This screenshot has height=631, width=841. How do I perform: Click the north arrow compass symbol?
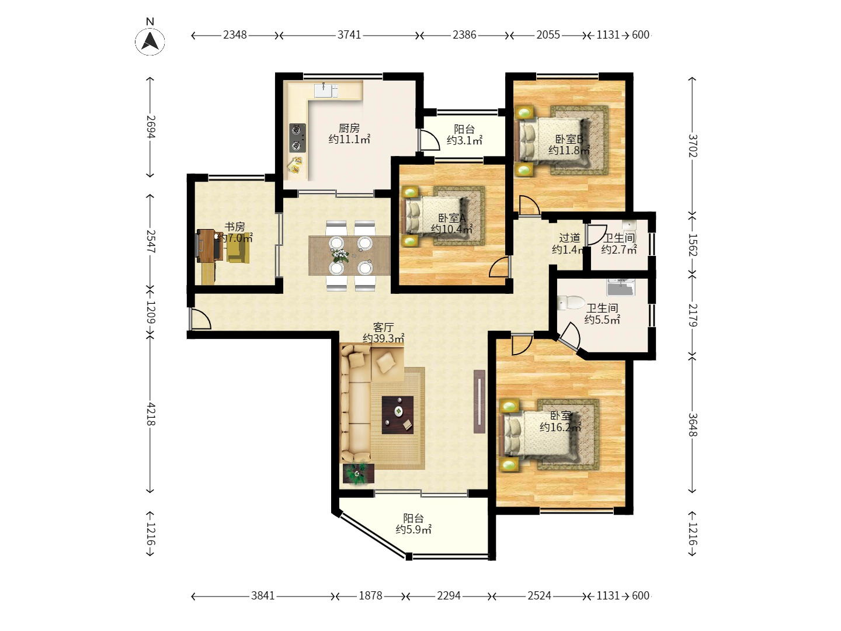point(150,41)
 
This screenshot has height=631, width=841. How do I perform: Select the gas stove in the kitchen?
point(297,138)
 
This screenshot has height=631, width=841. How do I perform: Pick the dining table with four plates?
point(350,255)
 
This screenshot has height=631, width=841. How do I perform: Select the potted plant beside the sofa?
point(357,473)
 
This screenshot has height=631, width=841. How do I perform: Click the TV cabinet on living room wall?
point(479,401)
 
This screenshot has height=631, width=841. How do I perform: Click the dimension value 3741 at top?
point(349,35)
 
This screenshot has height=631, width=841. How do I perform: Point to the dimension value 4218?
point(151,414)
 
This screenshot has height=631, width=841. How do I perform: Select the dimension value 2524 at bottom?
point(539,596)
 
